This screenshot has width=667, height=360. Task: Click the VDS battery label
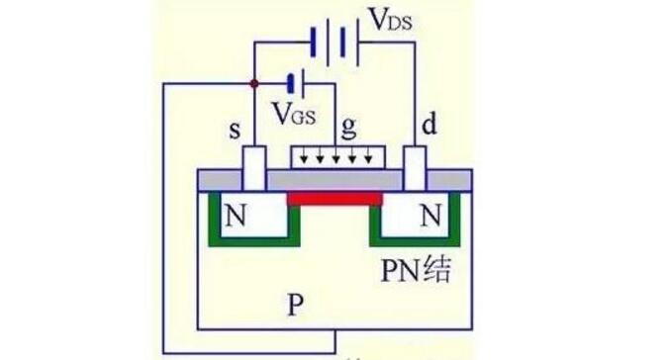click(390, 20)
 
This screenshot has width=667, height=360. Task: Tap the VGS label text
click(294, 114)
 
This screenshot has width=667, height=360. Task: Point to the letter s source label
click(235, 131)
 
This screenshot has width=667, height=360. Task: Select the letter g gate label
click(348, 128)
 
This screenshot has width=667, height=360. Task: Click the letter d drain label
click(429, 125)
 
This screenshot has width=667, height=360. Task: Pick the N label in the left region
click(236, 216)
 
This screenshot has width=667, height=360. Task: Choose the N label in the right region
click(430, 216)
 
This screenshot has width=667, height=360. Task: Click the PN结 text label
click(416, 270)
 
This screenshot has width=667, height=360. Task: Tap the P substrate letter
click(295, 305)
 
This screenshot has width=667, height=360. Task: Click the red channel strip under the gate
click(335, 199)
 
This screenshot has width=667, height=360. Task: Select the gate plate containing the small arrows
click(337, 157)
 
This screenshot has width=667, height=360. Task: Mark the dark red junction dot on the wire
click(254, 83)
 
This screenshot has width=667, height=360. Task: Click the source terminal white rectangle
click(254, 169)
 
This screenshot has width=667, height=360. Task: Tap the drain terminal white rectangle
click(415, 169)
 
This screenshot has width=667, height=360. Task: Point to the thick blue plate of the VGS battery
click(291, 83)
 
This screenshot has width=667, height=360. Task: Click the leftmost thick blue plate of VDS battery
click(313, 43)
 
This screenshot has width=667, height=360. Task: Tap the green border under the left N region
click(254, 242)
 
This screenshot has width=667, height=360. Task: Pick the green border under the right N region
click(415, 242)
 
